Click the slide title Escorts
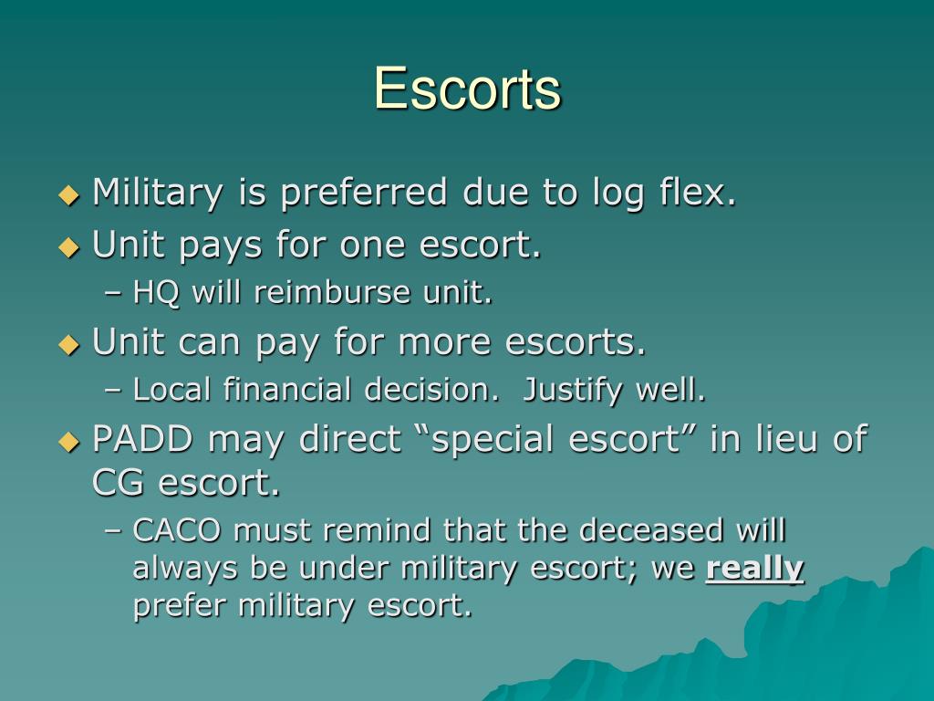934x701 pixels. [467, 89]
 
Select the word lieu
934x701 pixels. [787, 439]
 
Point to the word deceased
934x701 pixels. [641, 530]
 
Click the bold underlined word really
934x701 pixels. [755, 569]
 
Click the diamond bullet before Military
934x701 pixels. [69, 194]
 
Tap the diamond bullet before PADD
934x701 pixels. [69, 441]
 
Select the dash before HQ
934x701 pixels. [113, 294]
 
